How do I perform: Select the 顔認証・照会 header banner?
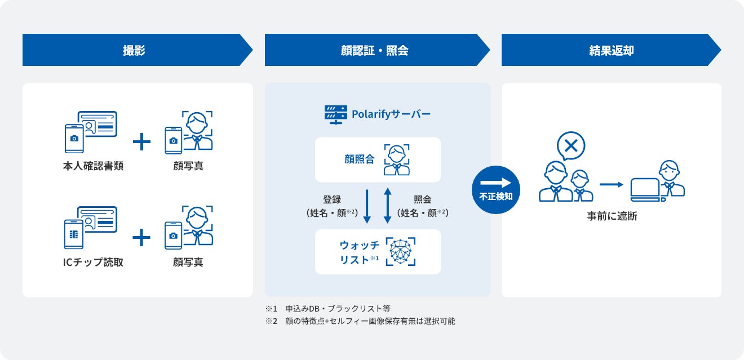[374, 50]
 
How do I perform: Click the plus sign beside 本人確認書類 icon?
[141, 142]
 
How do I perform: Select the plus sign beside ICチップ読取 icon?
[141, 238]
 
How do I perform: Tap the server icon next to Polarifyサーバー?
[335, 114]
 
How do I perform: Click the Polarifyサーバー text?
[391, 114]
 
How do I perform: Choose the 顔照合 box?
[377, 159]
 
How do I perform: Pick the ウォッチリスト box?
[377, 252]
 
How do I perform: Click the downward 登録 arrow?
[367, 206]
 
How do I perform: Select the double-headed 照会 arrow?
[388, 206]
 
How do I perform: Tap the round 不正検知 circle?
[495, 190]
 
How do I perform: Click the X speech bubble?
[570, 146]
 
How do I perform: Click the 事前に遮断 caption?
[612, 216]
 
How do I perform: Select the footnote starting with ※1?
[327, 309]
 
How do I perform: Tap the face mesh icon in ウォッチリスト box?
[401, 251]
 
